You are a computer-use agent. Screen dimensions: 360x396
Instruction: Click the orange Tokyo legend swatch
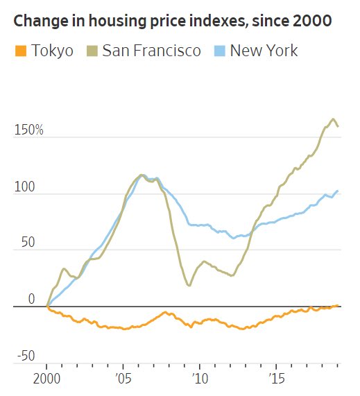pos(21,51)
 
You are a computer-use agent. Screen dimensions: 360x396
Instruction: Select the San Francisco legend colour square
pos(92,51)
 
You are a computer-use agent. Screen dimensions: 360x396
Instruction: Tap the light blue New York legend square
pos(219,51)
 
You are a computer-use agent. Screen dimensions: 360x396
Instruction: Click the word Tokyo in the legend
pos(52,51)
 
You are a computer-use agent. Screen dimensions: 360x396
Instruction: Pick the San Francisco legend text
pos(152,51)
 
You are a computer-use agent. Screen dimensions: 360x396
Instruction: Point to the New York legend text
pos(264,51)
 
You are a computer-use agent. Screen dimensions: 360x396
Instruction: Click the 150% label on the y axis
pos(29,130)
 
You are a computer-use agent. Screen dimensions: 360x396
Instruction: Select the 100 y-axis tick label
pos(24,187)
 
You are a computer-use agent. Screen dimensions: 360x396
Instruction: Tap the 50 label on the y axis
pos(28,242)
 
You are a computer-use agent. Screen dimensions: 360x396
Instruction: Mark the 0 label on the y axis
pos(31,300)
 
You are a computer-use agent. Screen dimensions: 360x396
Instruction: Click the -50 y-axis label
pos(26,356)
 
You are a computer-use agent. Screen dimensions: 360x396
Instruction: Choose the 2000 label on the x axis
pos(46,379)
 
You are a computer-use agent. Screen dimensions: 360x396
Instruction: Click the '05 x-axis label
pos(123,379)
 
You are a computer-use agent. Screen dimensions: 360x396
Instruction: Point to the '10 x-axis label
pos(200,379)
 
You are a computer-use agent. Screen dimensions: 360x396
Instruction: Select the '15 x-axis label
pos(277,379)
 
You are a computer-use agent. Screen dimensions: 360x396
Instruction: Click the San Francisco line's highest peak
pos(333,119)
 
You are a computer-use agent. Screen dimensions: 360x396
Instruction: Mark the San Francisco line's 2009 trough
pos(189,285)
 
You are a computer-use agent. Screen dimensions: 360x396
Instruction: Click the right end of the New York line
pos(338,191)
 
